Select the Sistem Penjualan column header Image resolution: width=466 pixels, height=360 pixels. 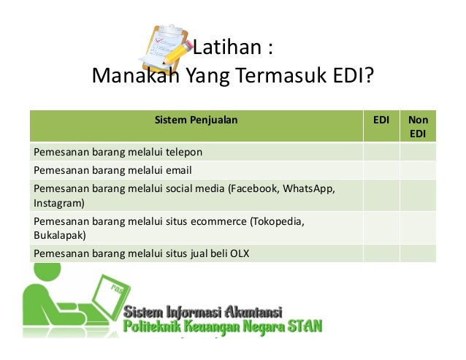click(196, 119)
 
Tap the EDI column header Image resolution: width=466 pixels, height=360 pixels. click(381, 119)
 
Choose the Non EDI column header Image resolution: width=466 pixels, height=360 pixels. click(418, 126)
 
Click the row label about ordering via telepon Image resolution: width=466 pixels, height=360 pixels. click(117, 152)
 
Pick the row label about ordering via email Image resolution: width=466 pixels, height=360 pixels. click(111, 170)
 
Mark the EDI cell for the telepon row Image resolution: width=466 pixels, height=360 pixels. click(381, 152)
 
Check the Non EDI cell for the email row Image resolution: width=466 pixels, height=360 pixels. click(418, 170)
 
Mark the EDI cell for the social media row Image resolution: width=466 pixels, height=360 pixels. click(381, 195)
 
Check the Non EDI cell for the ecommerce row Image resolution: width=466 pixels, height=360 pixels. click(418, 228)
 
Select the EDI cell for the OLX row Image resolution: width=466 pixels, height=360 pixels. click(381, 253)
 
